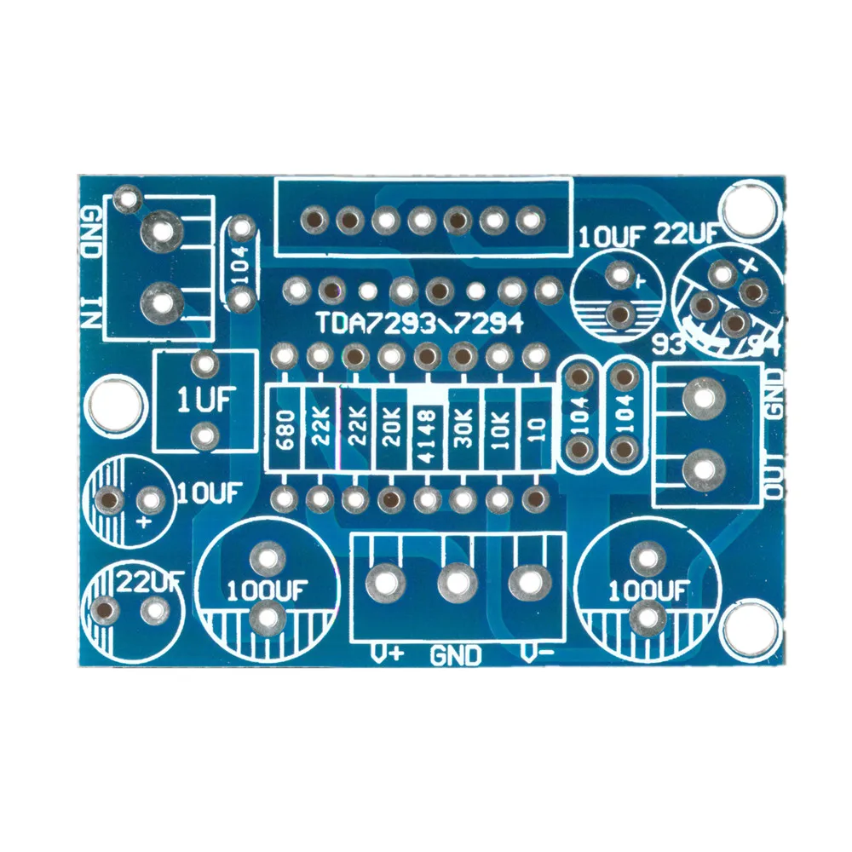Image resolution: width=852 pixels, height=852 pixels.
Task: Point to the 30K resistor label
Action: pyautogui.click(x=464, y=429)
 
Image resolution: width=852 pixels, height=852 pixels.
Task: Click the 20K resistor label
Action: pyautogui.click(x=392, y=429)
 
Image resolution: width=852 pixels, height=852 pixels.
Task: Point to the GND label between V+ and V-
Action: pyautogui.click(x=456, y=655)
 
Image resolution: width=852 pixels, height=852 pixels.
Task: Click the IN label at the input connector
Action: pyautogui.click(x=90, y=312)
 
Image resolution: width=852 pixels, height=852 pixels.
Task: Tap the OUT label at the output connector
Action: pyautogui.click(x=774, y=481)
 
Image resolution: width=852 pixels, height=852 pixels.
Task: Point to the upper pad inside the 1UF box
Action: pyautogui.click(x=204, y=366)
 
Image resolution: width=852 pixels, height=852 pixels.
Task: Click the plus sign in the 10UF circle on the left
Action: pyautogui.click(x=142, y=520)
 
